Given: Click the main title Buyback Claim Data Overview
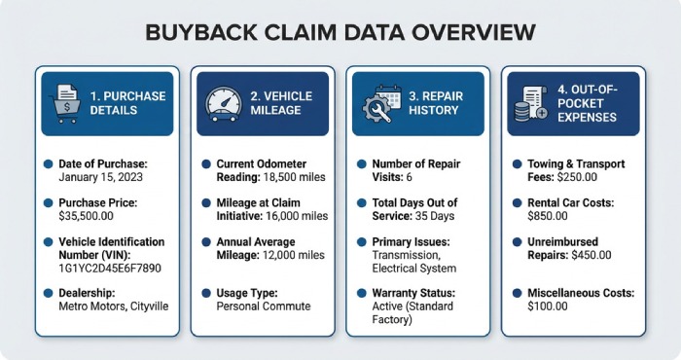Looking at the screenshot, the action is [x=340, y=32].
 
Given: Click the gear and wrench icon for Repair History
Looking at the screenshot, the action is [x=378, y=103].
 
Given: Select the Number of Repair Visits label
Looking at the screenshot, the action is [x=410, y=164].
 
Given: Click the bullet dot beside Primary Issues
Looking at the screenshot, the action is [x=360, y=242].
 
